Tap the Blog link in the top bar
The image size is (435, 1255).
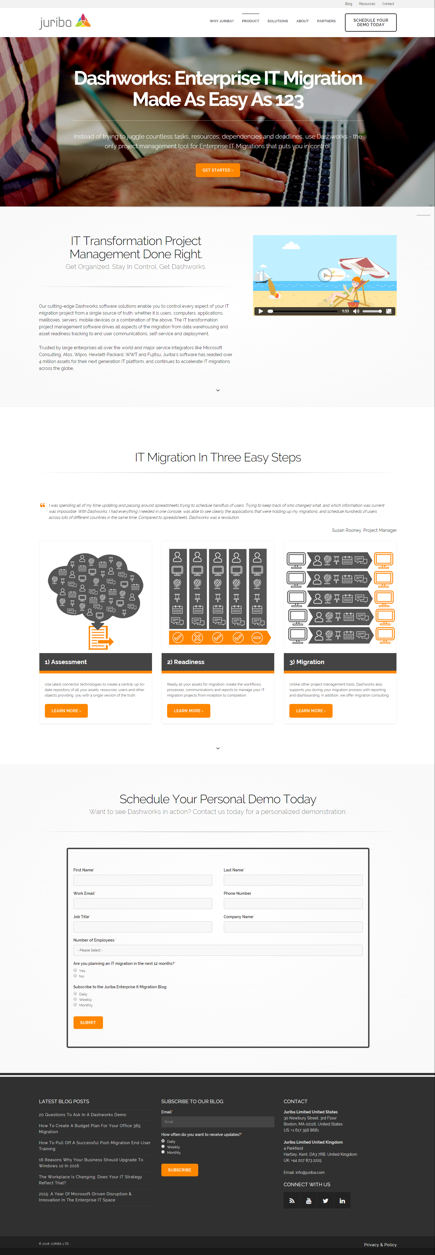tap(348, 4)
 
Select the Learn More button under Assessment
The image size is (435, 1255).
tap(66, 711)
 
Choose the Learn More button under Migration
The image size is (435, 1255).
tap(311, 711)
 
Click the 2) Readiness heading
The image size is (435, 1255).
tap(186, 662)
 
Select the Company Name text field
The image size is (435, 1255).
tap(293, 927)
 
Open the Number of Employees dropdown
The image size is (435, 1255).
tap(218, 950)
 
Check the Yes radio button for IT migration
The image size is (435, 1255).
tap(75, 970)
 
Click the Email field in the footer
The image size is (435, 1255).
tap(218, 1122)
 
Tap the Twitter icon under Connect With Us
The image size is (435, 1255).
tap(325, 1201)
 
